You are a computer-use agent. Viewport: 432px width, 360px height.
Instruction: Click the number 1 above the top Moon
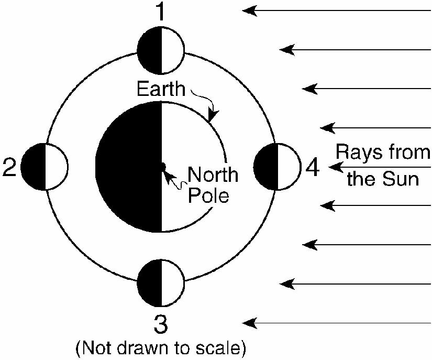(x=161, y=12)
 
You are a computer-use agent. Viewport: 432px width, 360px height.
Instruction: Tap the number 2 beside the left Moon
(x=9, y=167)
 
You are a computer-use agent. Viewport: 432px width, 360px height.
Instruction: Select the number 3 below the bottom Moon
(x=161, y=324)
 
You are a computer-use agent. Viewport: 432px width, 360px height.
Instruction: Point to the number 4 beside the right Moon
(x=313, y=167)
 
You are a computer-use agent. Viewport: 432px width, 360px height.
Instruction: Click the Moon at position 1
(x=161, y=50)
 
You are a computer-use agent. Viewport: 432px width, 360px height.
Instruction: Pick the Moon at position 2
(x=45, y=167)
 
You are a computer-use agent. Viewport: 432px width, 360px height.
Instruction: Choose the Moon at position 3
(x=161, y=283)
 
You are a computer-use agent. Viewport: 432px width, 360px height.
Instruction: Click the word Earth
(x=161, y=89)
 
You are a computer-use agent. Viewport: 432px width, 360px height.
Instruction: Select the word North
(x=213, y=174)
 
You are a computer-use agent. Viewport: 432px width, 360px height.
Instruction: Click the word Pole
(x=208, y=195)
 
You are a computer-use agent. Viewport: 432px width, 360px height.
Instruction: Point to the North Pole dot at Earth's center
(x=162, y=167)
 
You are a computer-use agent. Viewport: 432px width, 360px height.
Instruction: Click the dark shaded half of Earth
(x=128, y=167)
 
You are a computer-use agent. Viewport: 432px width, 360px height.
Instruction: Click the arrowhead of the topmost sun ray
(x=249, y=11)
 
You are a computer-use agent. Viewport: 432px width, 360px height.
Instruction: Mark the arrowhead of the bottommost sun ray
(x=249, y=323)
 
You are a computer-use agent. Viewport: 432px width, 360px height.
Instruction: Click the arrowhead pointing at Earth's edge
(x=213, y=116)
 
